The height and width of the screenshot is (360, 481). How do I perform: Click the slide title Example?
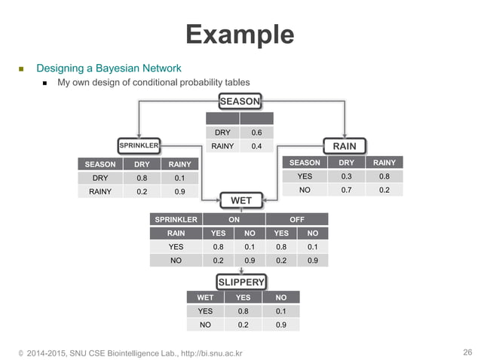pyautogui.click(x=240, y=34)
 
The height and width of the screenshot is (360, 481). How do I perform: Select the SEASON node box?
pyautogui.click(x=240, y=101)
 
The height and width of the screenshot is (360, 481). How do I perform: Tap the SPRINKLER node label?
pyautogui.click(x=139, y=144)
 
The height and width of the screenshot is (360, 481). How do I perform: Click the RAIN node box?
pyautogui.click(x=344, y=145)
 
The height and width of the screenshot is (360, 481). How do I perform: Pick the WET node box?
pyautogui.click(x=240, y=200)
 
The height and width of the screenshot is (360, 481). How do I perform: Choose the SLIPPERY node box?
pyautogui.click(x=241, y=282)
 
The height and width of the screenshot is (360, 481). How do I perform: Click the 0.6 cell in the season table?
pyautogui.click(x=256, y=132)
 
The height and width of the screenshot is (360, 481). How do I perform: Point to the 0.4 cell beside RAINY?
pyautogui.click(x=256, y=146)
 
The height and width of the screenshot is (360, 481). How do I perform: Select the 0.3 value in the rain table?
pyautogui.click(x=346, y=176)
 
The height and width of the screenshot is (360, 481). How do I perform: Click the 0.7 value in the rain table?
pyautogui.click(x=346, y=190)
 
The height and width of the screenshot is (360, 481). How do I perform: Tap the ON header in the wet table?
pyautogui.click(x=225, y=219)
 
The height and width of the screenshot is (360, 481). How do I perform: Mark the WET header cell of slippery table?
pyautogui.click(x=205, y=297)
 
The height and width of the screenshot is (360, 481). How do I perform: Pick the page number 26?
pyautogui.click(x=467, y=352)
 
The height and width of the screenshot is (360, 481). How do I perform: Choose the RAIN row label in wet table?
pyautogui.click(x=176, y=233)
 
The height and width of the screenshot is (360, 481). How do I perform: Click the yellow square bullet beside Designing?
pyautogui.click(x=22, y=69)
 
